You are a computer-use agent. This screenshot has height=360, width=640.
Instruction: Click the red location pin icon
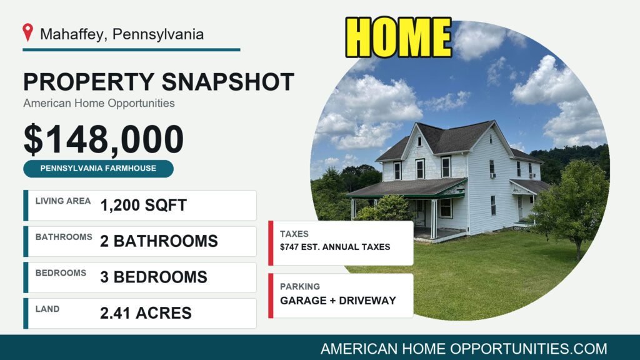27,32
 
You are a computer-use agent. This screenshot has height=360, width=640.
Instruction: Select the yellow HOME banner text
398,37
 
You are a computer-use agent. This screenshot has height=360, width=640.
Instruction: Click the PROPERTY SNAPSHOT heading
158,82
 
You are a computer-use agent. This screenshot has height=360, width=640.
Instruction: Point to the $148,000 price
104,139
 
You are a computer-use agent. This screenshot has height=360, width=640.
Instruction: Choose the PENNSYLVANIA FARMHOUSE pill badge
98,169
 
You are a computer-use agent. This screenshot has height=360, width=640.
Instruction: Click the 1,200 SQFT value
143,205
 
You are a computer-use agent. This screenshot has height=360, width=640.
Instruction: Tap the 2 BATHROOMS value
159,241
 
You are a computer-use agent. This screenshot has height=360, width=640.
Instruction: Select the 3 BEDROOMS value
154,277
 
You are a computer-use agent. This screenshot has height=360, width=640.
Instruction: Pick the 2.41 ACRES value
146,313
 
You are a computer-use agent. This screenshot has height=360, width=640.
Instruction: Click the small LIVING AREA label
63,201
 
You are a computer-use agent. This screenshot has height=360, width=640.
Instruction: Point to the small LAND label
47,309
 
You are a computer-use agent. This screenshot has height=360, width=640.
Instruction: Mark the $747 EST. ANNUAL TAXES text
335,247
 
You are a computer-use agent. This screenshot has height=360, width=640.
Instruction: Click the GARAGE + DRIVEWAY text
338,301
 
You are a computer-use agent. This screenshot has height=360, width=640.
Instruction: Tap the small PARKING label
300,286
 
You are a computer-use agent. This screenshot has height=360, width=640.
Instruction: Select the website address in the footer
464,349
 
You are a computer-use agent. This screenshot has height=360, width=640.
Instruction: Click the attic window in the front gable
419,142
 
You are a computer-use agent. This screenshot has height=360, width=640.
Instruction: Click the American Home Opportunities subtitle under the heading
99,103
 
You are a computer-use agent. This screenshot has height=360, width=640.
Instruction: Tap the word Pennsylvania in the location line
158,34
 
